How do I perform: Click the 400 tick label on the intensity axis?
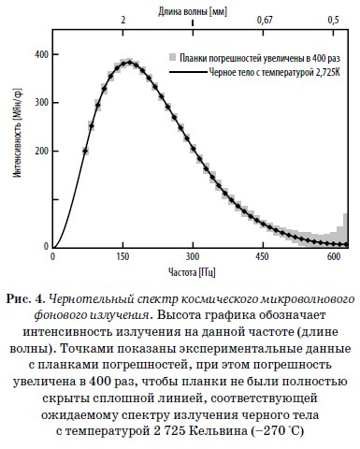(41, 54)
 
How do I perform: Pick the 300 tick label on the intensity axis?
(41, 103)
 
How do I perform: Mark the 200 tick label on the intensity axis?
(41, 151)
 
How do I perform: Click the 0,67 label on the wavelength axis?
(265, 20)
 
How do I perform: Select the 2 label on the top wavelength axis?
(123, 20)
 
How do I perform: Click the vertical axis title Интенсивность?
(15, 150)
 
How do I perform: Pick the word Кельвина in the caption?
(257, 431)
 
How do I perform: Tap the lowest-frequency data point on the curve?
(85, 150)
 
